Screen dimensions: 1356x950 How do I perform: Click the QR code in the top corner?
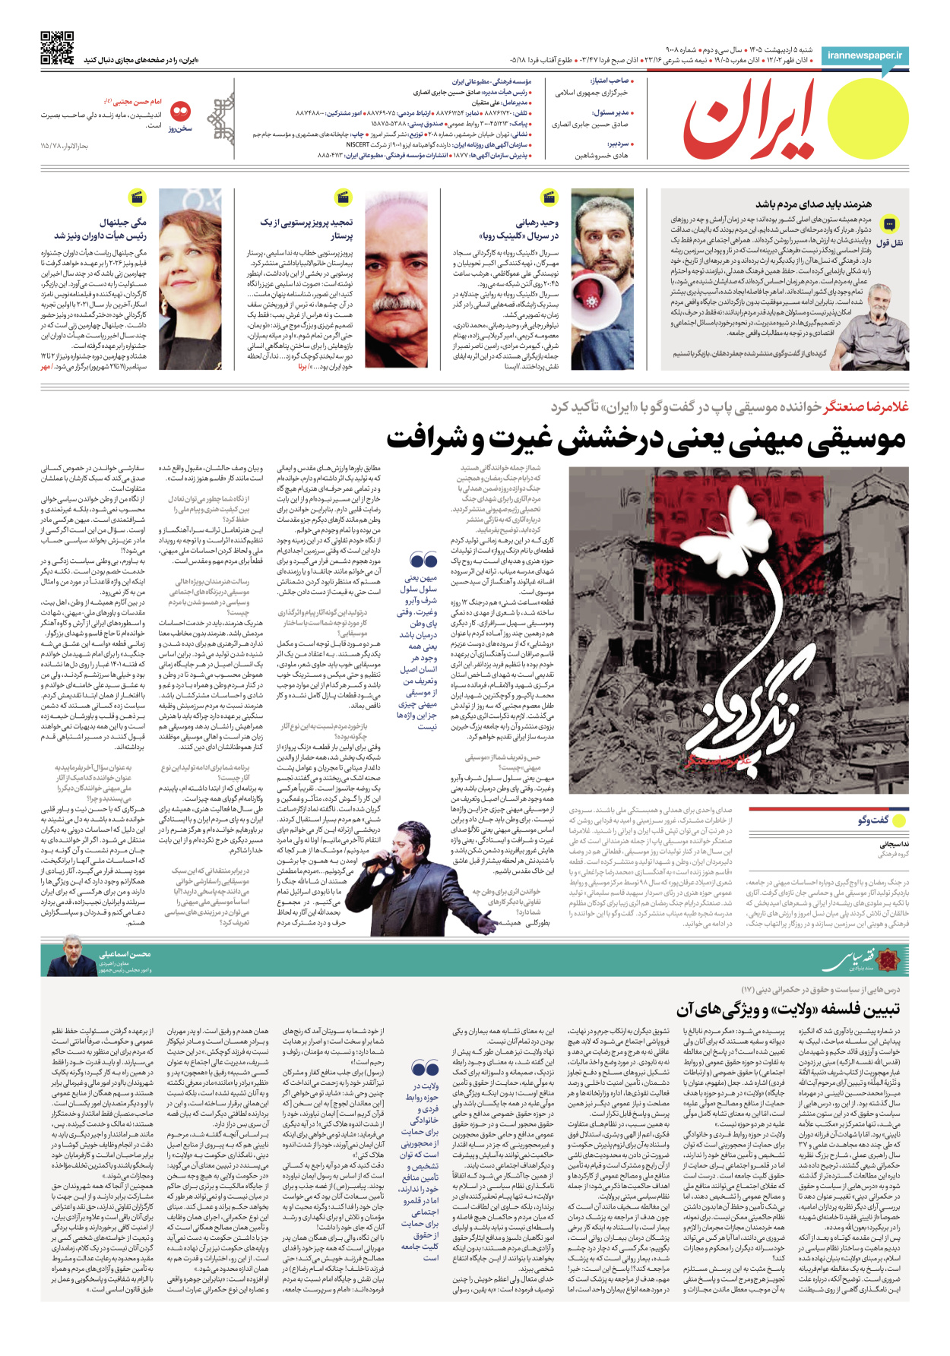[57, 47]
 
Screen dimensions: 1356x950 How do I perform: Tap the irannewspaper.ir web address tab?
[865, 55]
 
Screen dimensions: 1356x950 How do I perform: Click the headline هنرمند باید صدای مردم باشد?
[813, 204]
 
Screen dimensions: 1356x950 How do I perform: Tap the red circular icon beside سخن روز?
[181, 112]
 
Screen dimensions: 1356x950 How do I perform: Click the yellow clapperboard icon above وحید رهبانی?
[549, 198]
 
